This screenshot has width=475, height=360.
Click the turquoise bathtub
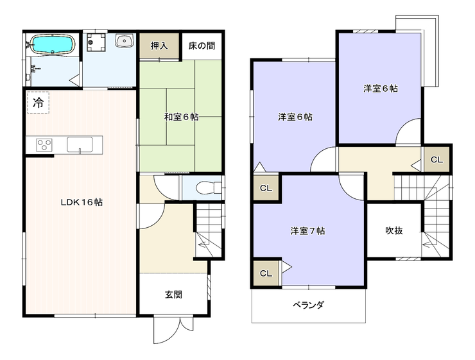(53, 44)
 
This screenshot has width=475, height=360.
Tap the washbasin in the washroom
(124, 40)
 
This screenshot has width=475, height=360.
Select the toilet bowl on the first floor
(209, 188)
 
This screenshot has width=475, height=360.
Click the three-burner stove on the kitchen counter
(44, 145)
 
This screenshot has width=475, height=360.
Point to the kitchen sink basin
(80, 144)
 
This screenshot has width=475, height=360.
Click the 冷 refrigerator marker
(38, 102)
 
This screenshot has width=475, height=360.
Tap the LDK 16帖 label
(82, 202)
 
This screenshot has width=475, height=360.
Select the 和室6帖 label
(182, 117)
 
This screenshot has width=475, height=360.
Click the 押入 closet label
(159, 46)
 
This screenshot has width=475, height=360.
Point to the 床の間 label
(202, 46)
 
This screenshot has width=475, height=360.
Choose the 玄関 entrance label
(173, 295)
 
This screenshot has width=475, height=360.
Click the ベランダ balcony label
(308, 305)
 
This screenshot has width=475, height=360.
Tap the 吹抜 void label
(394, 231)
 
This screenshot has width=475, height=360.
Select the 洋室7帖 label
(307, 231)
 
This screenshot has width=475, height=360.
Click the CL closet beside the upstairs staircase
(436, 160)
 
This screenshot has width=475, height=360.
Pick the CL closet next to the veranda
(266, 273)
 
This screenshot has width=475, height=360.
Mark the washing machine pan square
(96, 42)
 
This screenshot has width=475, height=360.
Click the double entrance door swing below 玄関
(173, 329)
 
